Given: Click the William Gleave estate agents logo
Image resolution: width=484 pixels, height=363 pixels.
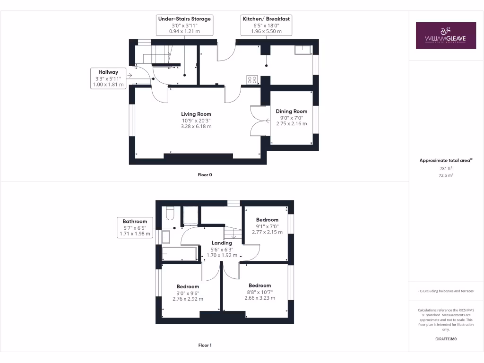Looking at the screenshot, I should point(446,35).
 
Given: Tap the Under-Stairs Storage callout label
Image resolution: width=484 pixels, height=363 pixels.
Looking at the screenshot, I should point(184,25).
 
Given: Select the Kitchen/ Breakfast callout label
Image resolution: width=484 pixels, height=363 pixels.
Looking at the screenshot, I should point(267,25).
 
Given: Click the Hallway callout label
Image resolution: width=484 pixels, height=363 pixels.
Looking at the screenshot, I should point(109,78).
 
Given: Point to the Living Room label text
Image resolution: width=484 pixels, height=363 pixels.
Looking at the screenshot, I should point(196,114).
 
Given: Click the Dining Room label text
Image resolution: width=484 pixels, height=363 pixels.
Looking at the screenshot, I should point(292,111).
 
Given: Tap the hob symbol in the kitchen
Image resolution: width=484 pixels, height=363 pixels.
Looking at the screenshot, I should point(251,80).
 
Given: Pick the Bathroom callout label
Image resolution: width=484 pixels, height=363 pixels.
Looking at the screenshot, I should point(135,227).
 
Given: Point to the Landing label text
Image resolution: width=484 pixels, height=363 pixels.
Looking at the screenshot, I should point(222,243).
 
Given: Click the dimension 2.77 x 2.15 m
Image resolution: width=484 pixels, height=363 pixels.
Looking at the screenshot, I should point(267,232).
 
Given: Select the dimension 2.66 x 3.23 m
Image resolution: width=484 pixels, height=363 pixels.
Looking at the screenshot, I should point(259,298).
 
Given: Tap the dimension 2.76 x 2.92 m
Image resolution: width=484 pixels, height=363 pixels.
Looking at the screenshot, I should point(188,299).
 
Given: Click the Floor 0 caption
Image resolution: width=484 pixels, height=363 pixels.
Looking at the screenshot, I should point(205,175).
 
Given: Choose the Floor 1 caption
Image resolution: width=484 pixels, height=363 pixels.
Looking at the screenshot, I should point(205,346).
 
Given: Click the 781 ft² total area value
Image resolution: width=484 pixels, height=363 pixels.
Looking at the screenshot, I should point(446,168).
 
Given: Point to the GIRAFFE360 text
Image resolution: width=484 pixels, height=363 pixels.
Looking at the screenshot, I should point(446,339).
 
